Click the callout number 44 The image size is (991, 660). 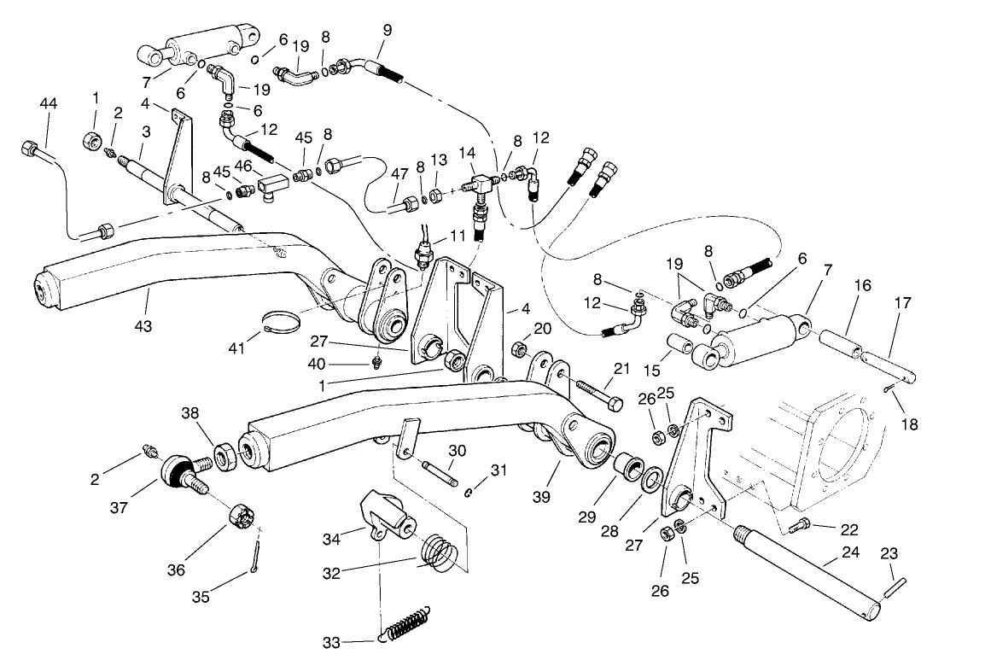click(x=48, y=103)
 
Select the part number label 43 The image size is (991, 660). click(x=143, y=326)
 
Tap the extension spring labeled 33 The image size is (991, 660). click(x=411, y=625)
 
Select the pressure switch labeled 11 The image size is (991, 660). click(x=423, y=254)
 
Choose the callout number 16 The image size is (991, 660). click(x=862, y=285)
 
